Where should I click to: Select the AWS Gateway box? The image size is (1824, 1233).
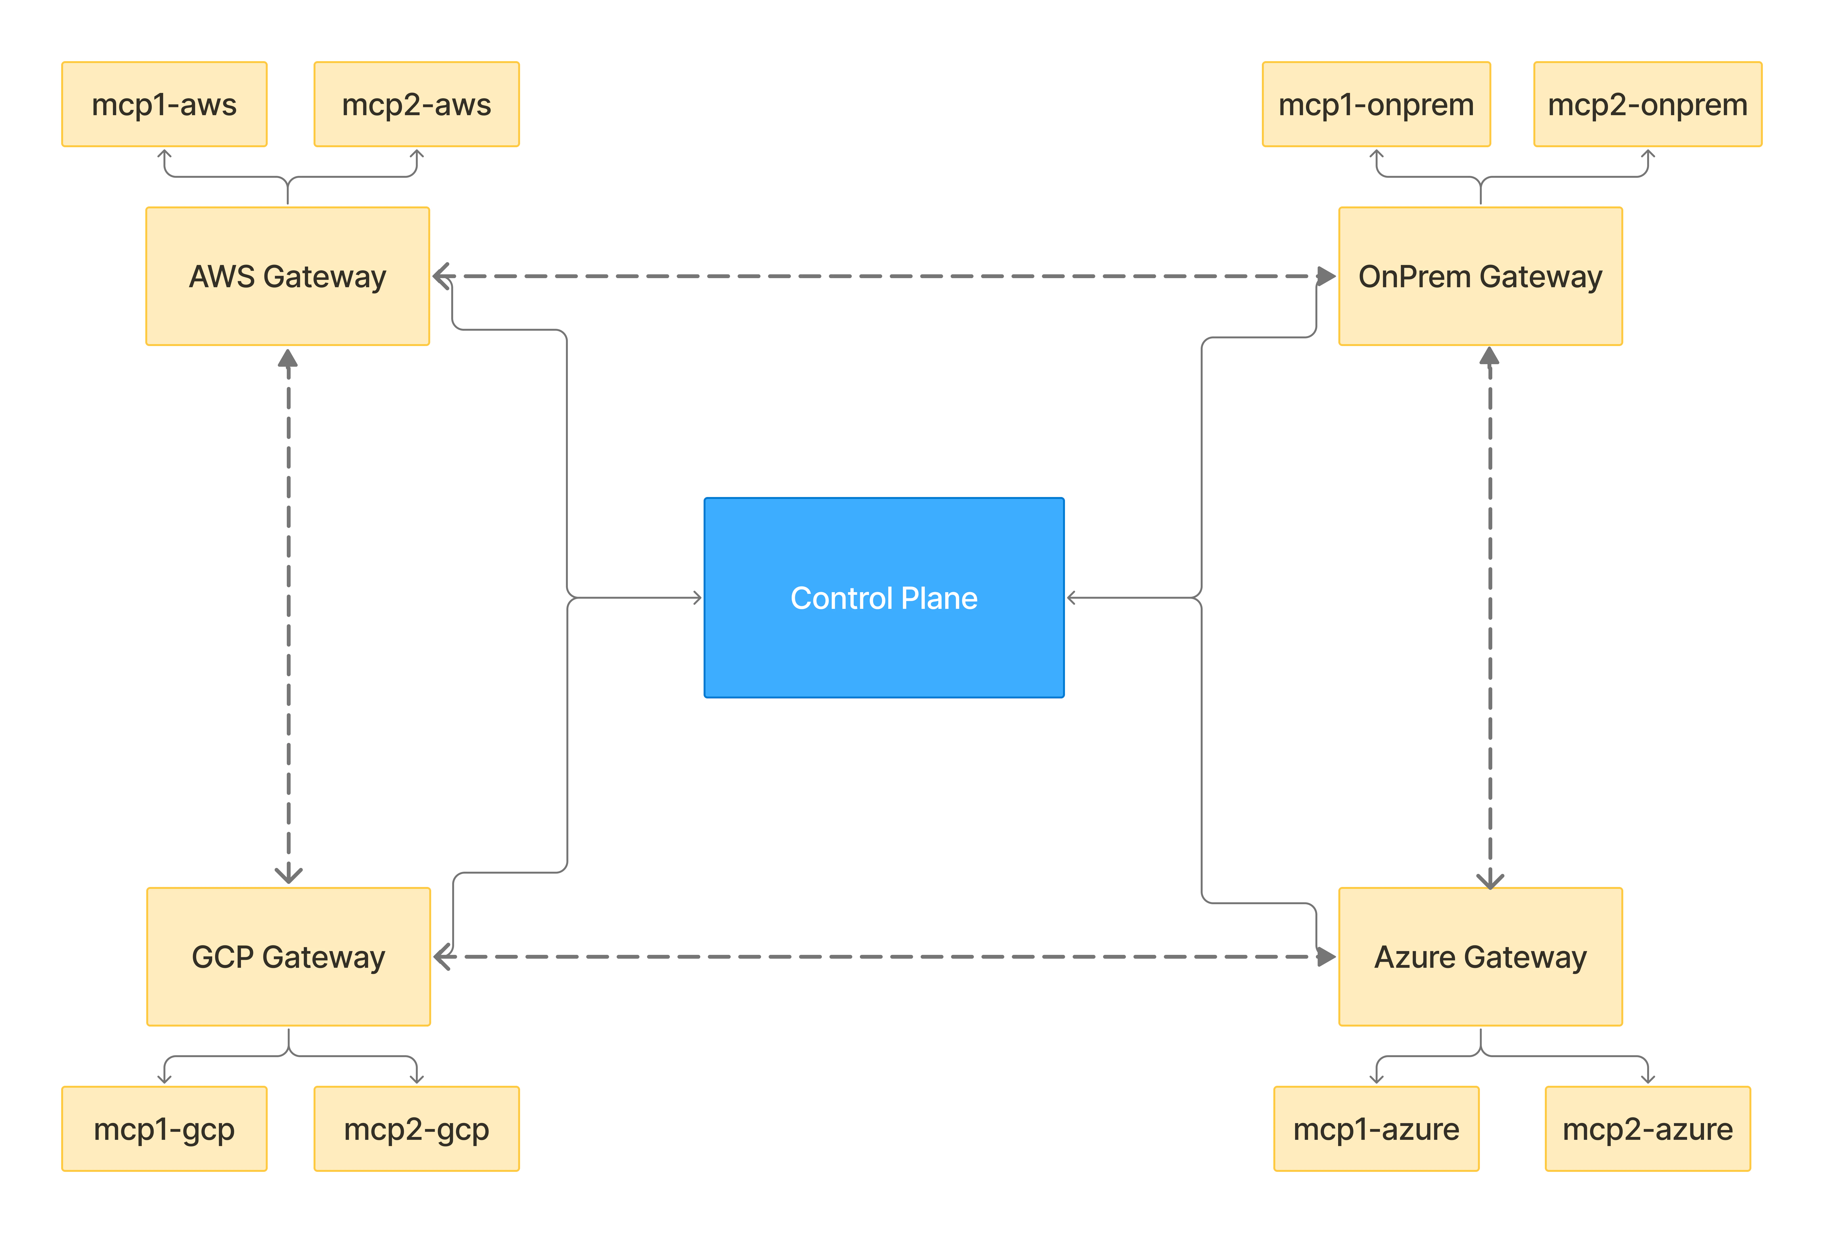[287, 276]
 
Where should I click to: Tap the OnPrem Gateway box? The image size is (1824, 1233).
[1480, 276]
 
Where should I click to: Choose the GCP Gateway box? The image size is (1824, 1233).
[288, 957]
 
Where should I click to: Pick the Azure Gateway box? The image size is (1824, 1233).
[1480, 957]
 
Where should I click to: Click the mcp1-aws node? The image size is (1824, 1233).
[164, 104]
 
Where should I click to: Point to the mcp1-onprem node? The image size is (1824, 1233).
[1376, 104]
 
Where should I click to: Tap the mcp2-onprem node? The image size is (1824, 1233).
[1647, 104]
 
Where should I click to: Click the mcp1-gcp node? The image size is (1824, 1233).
[164, 1129]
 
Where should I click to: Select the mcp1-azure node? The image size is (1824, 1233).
[1376, 1129]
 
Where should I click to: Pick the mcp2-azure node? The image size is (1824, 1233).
[1647, 1129]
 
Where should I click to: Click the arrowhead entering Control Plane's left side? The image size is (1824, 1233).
[697, 598]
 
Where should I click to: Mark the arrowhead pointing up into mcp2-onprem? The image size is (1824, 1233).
[1647, 155]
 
